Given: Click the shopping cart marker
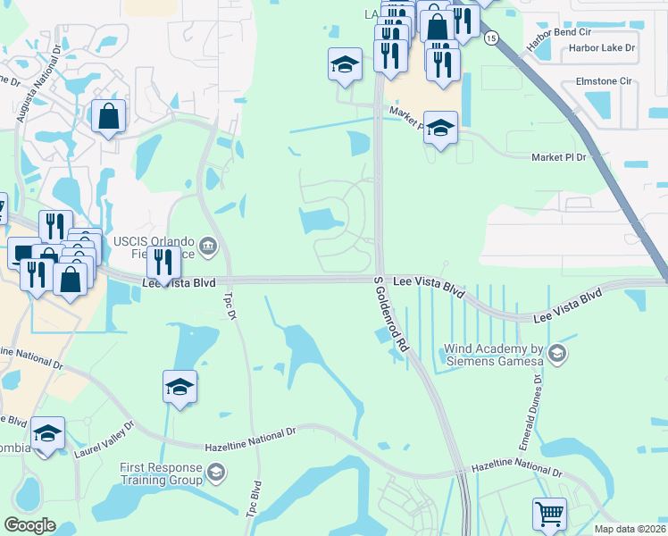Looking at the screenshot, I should click(549, 514).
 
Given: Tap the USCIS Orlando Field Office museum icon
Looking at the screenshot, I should click(208, 244).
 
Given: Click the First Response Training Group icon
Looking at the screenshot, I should click(215, 471).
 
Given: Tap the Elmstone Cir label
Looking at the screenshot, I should click(605, 80).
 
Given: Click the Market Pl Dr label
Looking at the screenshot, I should click(557, 157).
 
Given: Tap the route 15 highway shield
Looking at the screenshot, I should click(491, 38).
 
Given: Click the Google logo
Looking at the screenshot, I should click(29, 524).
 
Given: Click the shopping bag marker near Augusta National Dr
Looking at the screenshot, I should click(108, 116).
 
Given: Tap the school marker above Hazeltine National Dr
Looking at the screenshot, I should click(180, 387).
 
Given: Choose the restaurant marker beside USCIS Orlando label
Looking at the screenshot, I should click(163, 262).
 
